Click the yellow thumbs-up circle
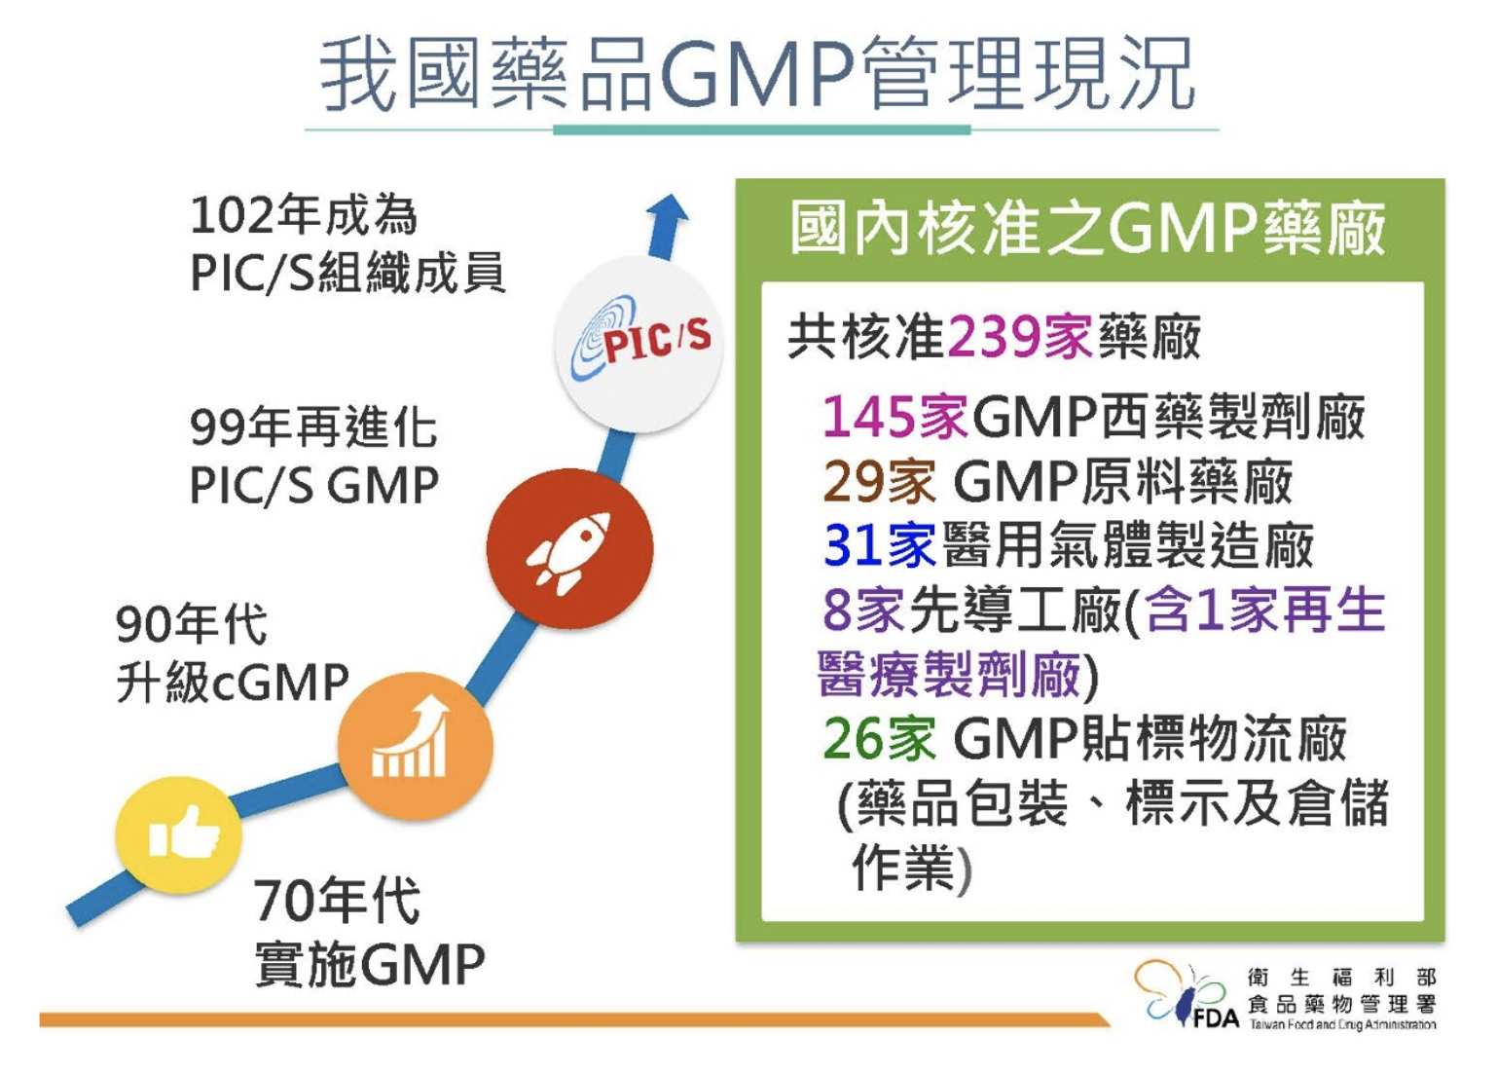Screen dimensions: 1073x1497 [179, 835]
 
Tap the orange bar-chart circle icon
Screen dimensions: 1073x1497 [416, 746]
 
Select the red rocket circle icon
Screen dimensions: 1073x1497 [569, 549]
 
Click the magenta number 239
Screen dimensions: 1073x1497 [993, 338]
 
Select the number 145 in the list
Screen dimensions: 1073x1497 [868, 417]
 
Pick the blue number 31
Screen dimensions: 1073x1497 [853, 544]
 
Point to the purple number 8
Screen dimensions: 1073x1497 [836, 610]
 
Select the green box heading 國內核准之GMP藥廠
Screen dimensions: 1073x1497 [1087, 229]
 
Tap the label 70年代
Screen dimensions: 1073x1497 [337, 900]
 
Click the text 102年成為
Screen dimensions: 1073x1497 [304, 214]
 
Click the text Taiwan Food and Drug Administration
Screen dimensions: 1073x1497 [1342, 1024]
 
